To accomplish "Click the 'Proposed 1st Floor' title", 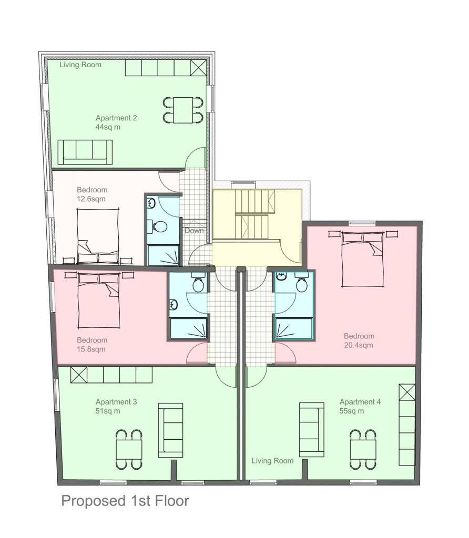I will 125,501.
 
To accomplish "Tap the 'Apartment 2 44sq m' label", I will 116,122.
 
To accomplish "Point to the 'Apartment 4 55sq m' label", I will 360,406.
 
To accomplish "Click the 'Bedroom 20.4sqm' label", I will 359,340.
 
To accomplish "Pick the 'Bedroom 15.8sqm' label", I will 92,344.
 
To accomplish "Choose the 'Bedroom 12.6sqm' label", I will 92,194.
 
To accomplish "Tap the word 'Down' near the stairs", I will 193,231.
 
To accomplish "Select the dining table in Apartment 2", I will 183,110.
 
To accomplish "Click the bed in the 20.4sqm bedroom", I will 363,258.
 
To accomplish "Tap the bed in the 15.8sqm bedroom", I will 98,298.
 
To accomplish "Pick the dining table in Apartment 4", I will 363,449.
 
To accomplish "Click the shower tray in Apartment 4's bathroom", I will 293,329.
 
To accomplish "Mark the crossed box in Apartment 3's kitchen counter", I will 79,375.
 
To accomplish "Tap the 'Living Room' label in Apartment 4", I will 272,461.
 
